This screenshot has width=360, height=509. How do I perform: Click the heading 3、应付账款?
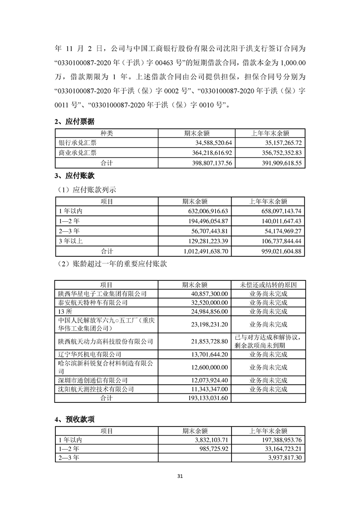click(74, 176)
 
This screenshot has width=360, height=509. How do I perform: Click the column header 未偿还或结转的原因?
click(268, 285)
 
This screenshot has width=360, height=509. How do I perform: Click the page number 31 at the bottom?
click(180, 476)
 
